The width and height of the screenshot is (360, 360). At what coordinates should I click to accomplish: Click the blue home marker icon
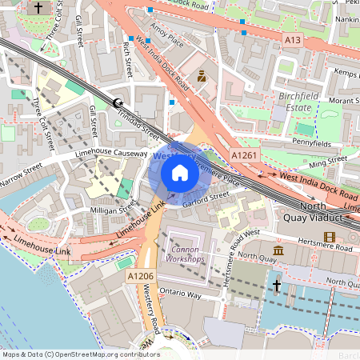[x=180, y=172]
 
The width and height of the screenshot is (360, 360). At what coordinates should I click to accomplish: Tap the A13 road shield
[x=292, y=38]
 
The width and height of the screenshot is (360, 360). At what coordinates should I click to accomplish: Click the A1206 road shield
[x=139, y=275]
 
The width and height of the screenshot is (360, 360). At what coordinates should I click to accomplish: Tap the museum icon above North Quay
[x=278, y=251]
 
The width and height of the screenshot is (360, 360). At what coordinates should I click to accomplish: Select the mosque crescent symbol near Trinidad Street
[x=118, y=102]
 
